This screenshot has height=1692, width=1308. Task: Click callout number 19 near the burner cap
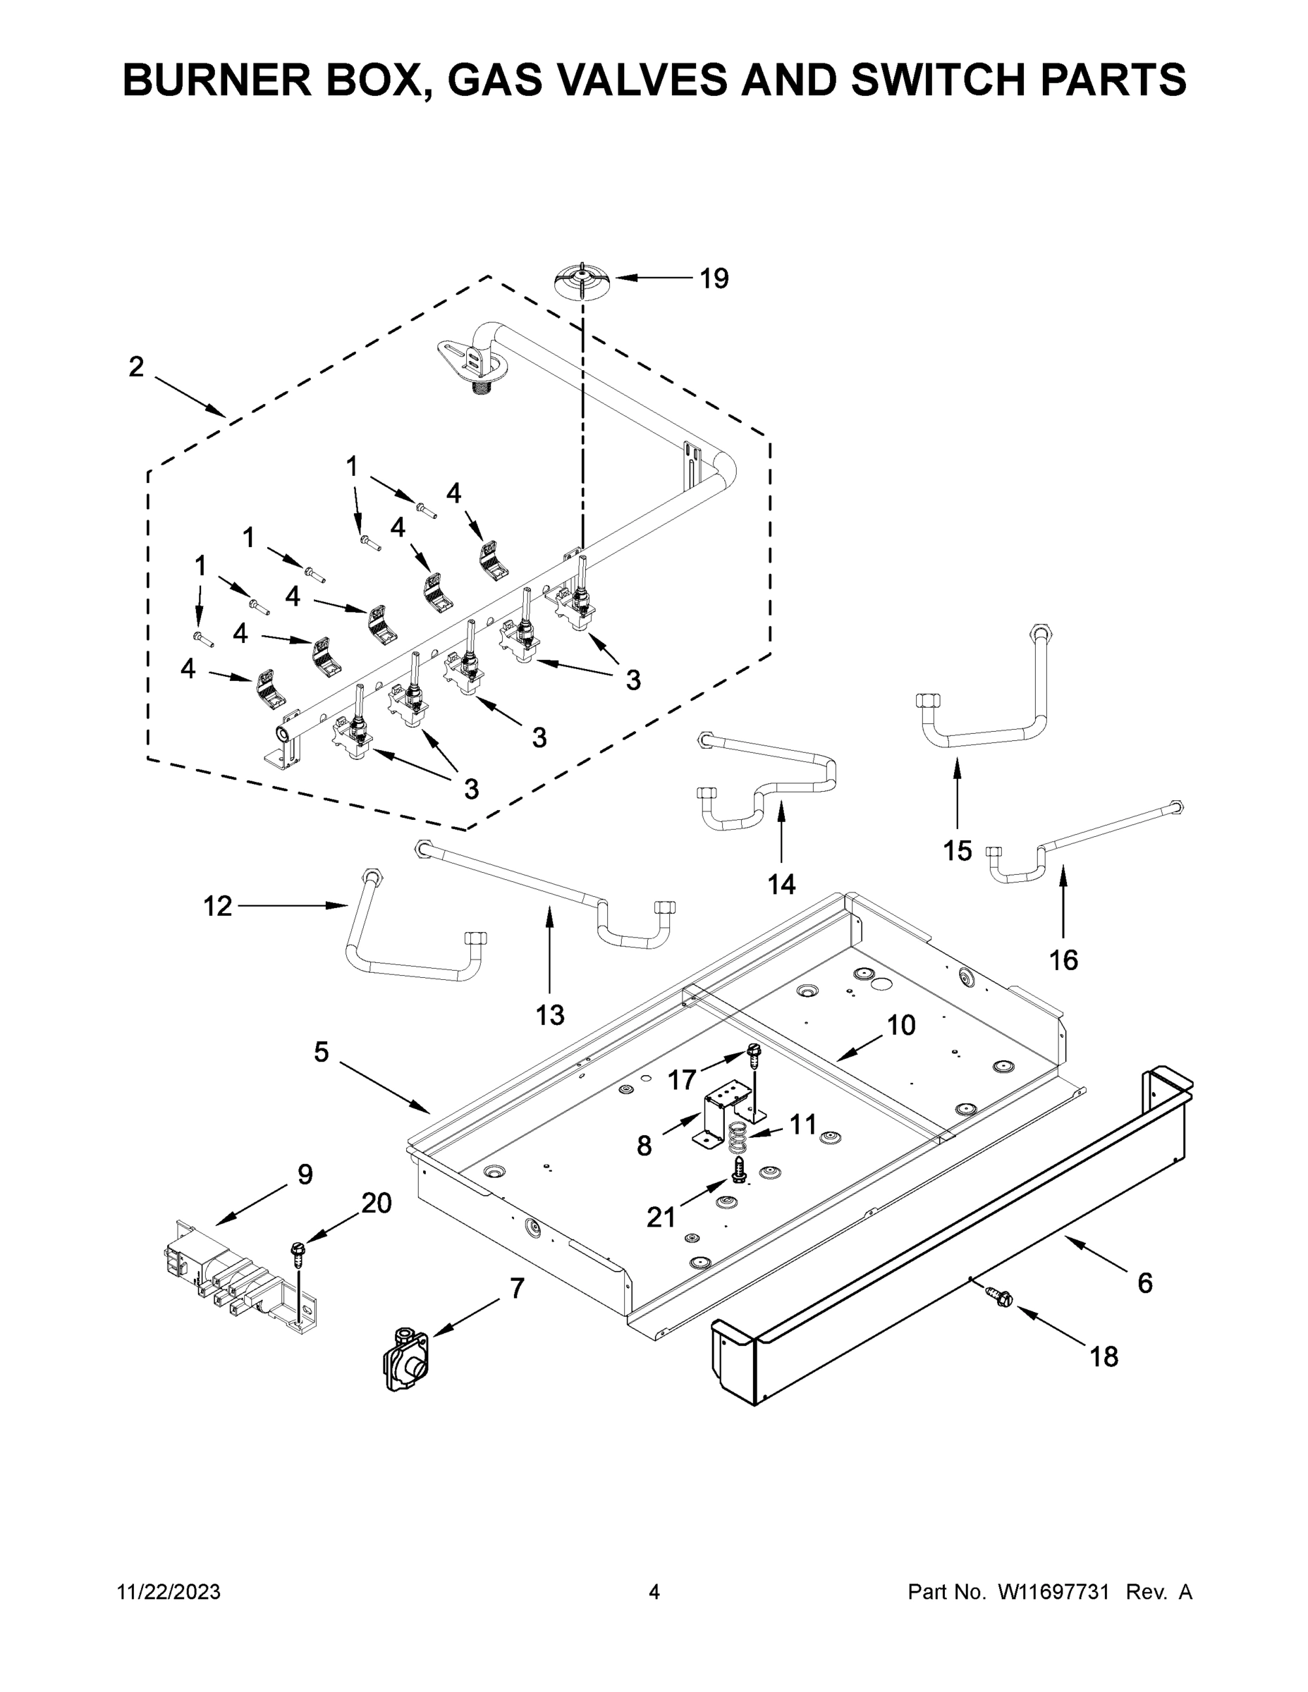click(x=714, y=279)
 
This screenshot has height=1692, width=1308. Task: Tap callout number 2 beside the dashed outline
click(x=136, y=367)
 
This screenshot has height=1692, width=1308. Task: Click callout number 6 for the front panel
click(x=1144, y=1284)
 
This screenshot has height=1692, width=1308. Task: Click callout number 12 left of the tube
click(x=218, y=906)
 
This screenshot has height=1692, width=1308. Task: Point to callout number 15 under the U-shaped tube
click(x=957, y=851)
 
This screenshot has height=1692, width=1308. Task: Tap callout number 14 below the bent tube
click(x=781, y=883)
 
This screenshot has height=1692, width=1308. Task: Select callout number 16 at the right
click(x=1063, y=961)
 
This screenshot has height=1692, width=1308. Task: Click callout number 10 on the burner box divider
click(x=901, y=1025)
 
